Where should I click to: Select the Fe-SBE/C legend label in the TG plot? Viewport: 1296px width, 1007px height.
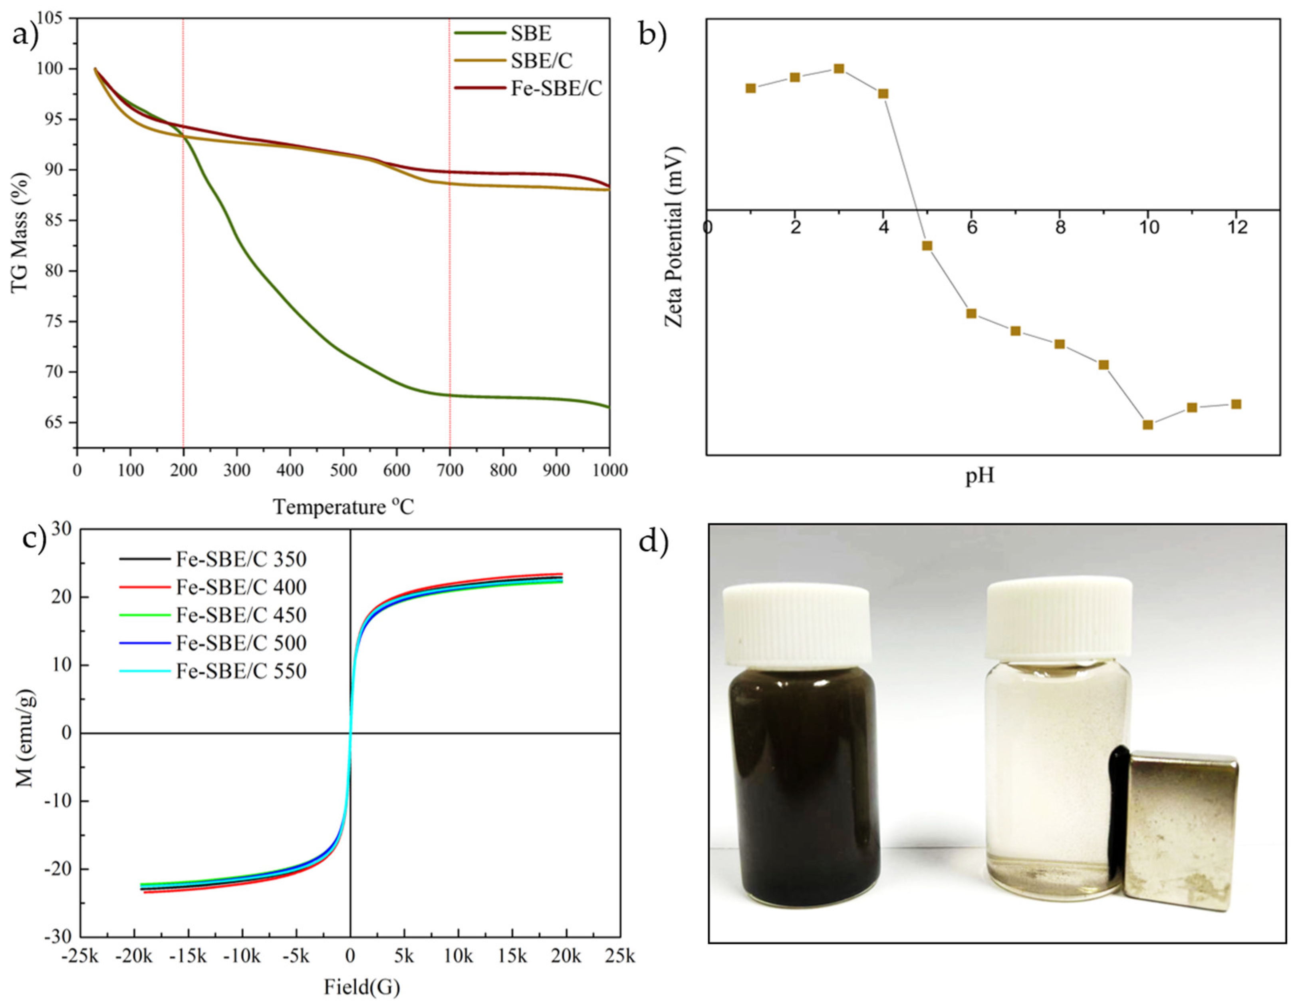point(556,88)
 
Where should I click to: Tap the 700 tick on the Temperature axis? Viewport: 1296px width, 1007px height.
point(449,470)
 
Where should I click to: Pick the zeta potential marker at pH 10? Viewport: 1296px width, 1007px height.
point(1148,424)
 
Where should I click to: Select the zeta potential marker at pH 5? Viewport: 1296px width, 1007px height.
point(927,246)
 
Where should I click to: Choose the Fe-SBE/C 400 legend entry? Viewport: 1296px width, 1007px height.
point(241,587)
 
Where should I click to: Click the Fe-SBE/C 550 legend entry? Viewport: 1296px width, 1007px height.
point(241,671)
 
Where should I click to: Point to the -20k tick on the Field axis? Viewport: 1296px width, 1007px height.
point(135,957)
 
